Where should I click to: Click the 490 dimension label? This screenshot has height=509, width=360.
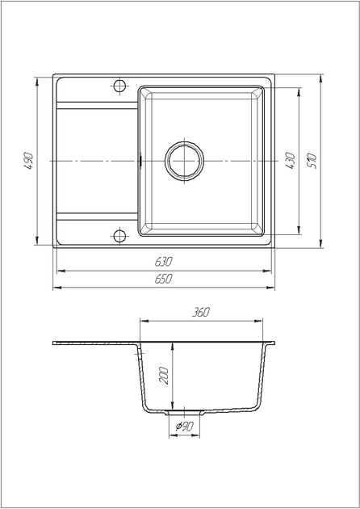29,161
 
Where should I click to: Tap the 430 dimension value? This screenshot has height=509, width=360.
291,161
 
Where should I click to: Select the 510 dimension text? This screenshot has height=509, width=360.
312,161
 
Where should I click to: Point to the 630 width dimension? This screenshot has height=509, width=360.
164,261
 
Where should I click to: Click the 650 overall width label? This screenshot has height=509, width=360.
164,279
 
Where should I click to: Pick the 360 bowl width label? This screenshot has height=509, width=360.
201,312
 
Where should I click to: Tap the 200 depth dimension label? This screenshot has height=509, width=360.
165,376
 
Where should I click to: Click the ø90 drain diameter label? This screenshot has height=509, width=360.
185,427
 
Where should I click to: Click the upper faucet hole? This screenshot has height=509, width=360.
119,86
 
